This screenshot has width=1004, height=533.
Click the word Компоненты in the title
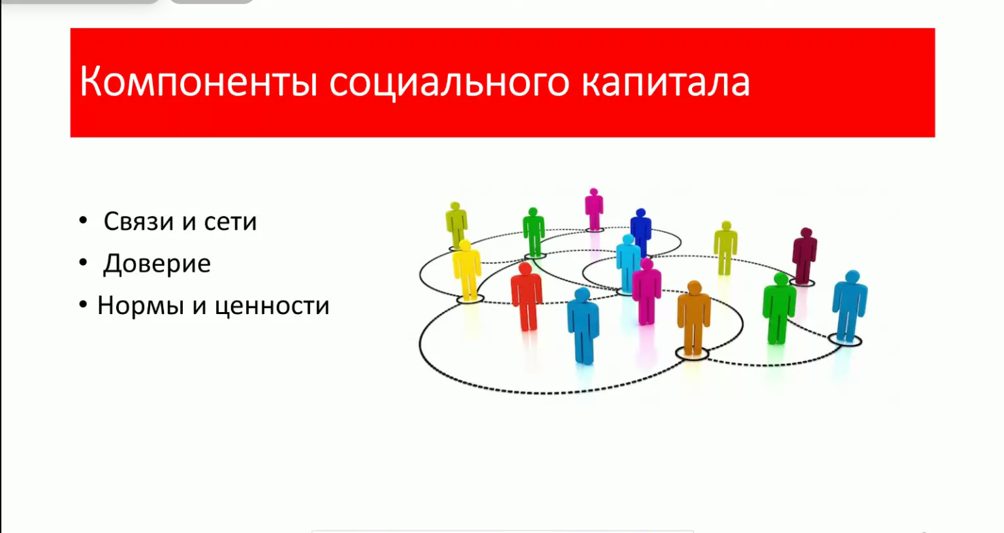click(198, 82)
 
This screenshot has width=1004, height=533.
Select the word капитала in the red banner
click(665, 82)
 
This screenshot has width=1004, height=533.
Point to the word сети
click(230, 222)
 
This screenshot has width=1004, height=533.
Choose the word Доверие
click(157, 264)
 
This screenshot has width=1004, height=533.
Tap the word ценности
click(272, 306)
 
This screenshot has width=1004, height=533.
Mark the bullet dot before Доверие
click(83, 262)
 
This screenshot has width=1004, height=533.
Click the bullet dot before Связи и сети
click(83, 220)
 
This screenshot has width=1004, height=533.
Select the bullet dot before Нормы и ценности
click(83, 305)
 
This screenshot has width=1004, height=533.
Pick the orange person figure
click(693, 318)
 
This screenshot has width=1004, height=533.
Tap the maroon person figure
click(805, 256)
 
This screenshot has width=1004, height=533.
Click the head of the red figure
click(525, 269)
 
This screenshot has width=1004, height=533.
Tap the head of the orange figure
click(694, 288)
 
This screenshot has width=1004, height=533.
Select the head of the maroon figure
click(806, 233)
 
